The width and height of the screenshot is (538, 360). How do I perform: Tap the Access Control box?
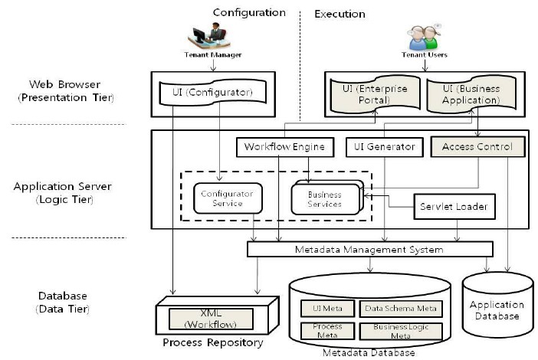[x=478, y=146]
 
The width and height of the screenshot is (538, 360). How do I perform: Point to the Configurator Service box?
[x=222, y=198]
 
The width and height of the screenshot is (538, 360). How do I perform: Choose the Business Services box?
[x=325, y=199]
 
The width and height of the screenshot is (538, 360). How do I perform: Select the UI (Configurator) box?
[x=213, y=94]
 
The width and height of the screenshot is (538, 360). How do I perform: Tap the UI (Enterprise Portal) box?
[x=372, y=95]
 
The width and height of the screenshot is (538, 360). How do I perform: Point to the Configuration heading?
[x=249, y=12]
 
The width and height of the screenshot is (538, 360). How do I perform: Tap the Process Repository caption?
[x=213, y=342]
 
